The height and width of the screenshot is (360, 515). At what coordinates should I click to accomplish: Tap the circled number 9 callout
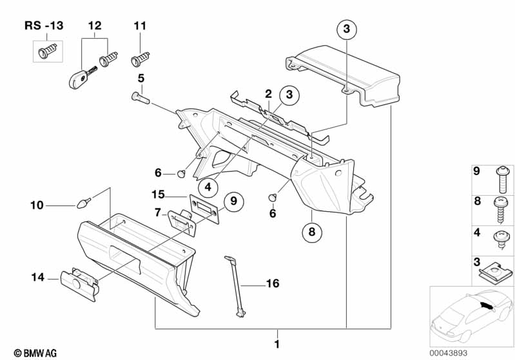233,202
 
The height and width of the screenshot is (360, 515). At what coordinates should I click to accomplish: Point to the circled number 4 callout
208,187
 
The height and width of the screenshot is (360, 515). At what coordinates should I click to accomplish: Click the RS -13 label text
44,25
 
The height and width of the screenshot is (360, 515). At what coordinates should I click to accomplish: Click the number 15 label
159,194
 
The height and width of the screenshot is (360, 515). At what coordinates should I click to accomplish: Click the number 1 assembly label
277,344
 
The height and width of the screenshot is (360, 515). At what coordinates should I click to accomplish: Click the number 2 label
268,94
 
